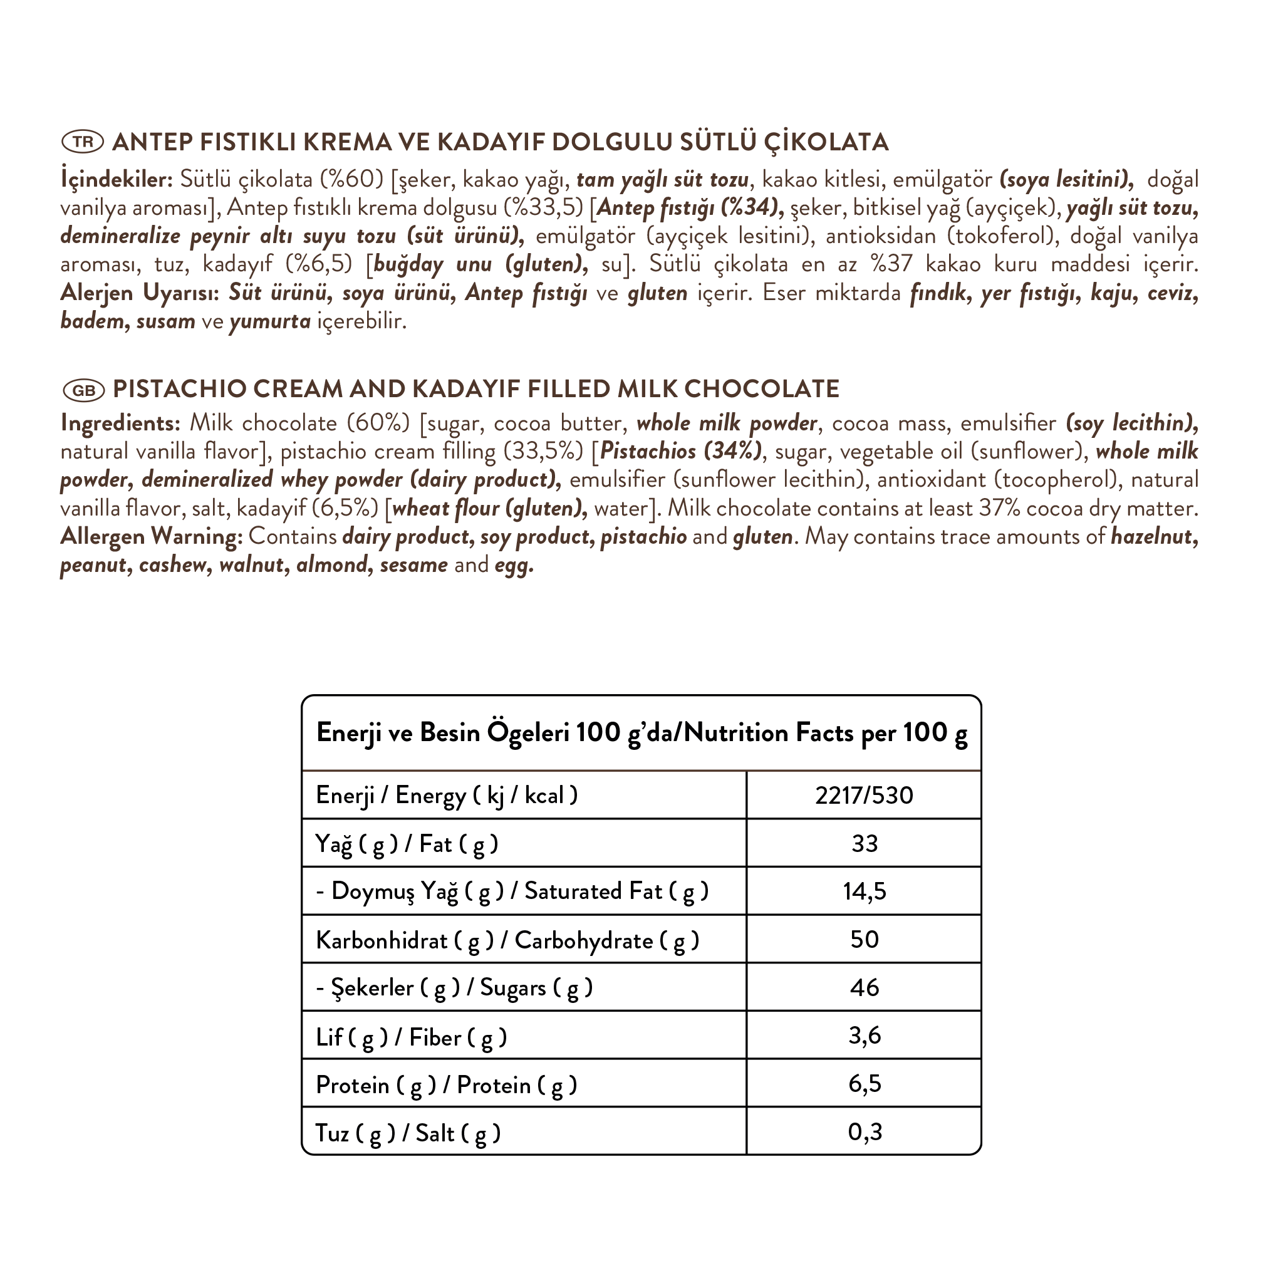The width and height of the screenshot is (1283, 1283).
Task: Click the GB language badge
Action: [84, 390]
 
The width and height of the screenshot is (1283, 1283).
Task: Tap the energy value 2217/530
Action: [864, 796]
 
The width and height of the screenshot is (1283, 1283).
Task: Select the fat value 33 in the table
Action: [864, 843]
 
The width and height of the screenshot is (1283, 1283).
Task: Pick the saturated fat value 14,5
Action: [864, 891]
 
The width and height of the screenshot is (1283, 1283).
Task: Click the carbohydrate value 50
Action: [864, 940]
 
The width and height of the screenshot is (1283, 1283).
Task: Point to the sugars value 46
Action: [864, 987]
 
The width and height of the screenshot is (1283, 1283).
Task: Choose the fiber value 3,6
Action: [864, 1036]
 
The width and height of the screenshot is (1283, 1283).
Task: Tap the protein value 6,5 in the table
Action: [864, 1084]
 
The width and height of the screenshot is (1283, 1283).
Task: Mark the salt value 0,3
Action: [864, 1131]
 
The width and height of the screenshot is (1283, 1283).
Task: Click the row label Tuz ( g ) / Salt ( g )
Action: [408, 1133]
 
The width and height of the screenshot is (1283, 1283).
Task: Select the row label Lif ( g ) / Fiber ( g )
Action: [411, 1037]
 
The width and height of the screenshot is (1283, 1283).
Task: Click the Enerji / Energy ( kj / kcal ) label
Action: [446, 796]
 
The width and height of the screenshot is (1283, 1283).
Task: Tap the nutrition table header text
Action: [641, 733]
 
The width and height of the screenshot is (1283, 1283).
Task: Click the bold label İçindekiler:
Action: [117, 179]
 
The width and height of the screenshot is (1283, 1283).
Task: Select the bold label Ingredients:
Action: [120, 423]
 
